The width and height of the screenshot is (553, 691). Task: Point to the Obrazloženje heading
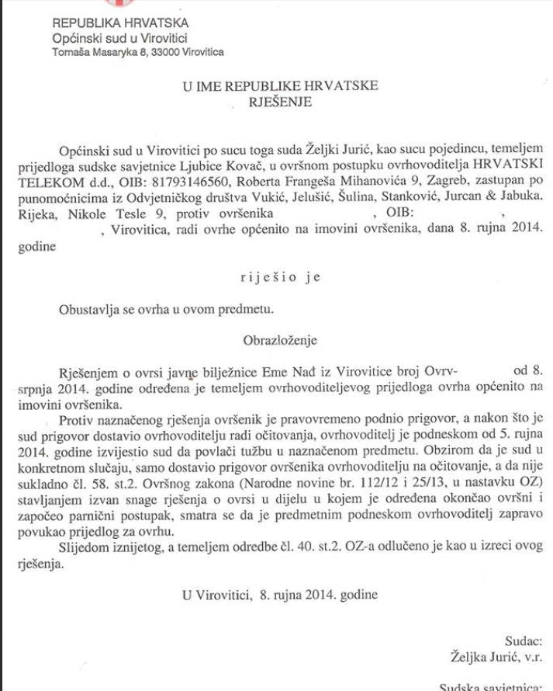[280, 339]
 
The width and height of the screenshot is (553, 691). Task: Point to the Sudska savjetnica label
[489, 686]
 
